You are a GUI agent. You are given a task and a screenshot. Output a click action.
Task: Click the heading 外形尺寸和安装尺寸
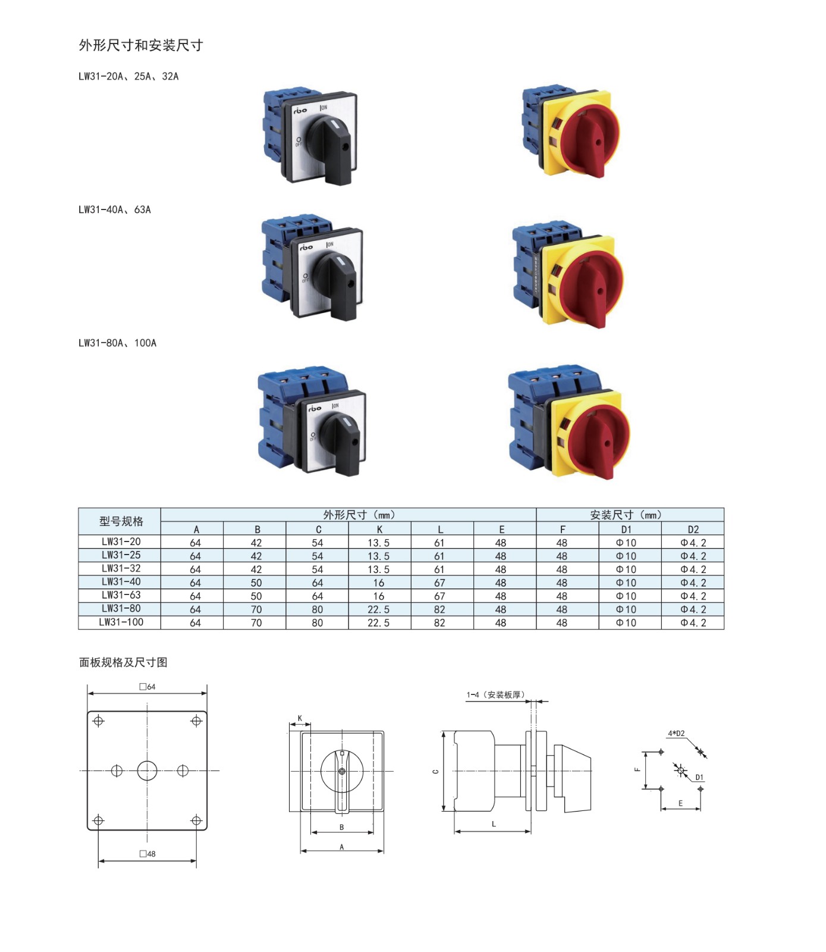[141, 45]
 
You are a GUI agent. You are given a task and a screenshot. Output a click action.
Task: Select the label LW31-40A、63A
[115, 209]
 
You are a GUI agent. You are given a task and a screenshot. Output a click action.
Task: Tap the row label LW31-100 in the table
[121, 622]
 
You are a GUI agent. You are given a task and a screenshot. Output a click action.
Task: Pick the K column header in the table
[379, 529]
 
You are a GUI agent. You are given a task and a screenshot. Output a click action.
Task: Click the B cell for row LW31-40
[256, 583]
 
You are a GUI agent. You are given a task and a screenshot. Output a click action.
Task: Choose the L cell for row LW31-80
[439, 609]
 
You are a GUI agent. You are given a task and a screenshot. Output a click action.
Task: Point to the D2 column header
[693, 529]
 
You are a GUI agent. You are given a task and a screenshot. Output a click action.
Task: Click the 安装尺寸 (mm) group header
[626, 515]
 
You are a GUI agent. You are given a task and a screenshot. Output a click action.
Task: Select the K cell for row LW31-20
[378, 543]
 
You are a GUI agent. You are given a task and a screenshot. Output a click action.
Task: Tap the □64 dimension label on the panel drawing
[147, 687]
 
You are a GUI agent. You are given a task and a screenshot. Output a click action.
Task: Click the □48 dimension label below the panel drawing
[147, 854]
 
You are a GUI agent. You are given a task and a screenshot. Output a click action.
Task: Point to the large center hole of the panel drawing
[147, 771]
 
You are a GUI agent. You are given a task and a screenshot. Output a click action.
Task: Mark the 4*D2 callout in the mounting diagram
[676, 734]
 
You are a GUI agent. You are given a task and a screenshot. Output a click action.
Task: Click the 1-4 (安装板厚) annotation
[495, 694]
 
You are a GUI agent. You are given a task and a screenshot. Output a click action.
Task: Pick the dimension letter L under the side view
[494, 824]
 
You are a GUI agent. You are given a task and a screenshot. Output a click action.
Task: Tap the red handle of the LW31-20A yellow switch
[595, 143]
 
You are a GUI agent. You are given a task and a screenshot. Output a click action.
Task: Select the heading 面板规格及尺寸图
[123, 662]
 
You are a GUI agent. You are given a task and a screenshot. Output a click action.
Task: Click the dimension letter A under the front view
[342, 847]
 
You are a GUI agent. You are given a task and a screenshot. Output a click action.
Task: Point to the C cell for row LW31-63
[318, 596]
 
